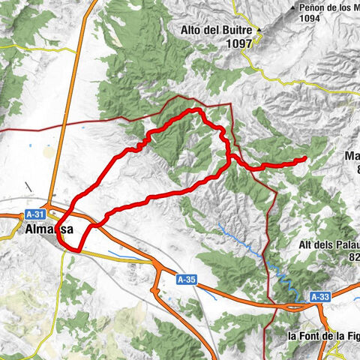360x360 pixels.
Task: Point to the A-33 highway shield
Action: [319, 297]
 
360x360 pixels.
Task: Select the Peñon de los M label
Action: [328, 8]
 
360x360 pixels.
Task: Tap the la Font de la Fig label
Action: [323, 336]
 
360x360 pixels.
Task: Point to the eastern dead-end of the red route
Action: [305, 158]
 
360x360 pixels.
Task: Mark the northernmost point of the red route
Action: [196, 110]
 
